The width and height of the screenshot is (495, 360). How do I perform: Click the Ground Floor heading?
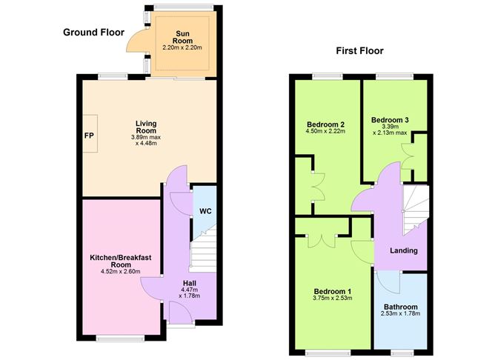94,32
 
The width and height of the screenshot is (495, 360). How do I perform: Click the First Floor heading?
359,51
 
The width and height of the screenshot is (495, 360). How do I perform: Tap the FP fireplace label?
90,136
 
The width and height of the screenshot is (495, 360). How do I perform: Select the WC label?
205,211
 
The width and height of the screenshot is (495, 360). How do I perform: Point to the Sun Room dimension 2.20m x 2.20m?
182,47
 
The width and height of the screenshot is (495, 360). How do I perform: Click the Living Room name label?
146,127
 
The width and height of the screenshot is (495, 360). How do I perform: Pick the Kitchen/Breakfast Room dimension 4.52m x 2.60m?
121,271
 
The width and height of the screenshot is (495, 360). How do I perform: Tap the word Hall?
190,283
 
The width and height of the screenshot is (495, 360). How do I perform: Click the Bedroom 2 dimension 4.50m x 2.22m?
325,131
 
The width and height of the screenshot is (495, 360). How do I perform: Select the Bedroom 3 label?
390,120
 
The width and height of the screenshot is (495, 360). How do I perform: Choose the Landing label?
404,250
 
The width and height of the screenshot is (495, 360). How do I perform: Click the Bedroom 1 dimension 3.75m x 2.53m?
333,298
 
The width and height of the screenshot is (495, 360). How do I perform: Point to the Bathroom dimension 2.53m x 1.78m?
401,313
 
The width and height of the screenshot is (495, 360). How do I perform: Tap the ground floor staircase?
204,249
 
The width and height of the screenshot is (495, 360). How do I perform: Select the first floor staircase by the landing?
416,209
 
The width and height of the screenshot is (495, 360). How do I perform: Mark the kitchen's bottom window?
120,339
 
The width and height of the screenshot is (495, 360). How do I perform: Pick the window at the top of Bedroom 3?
395,76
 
